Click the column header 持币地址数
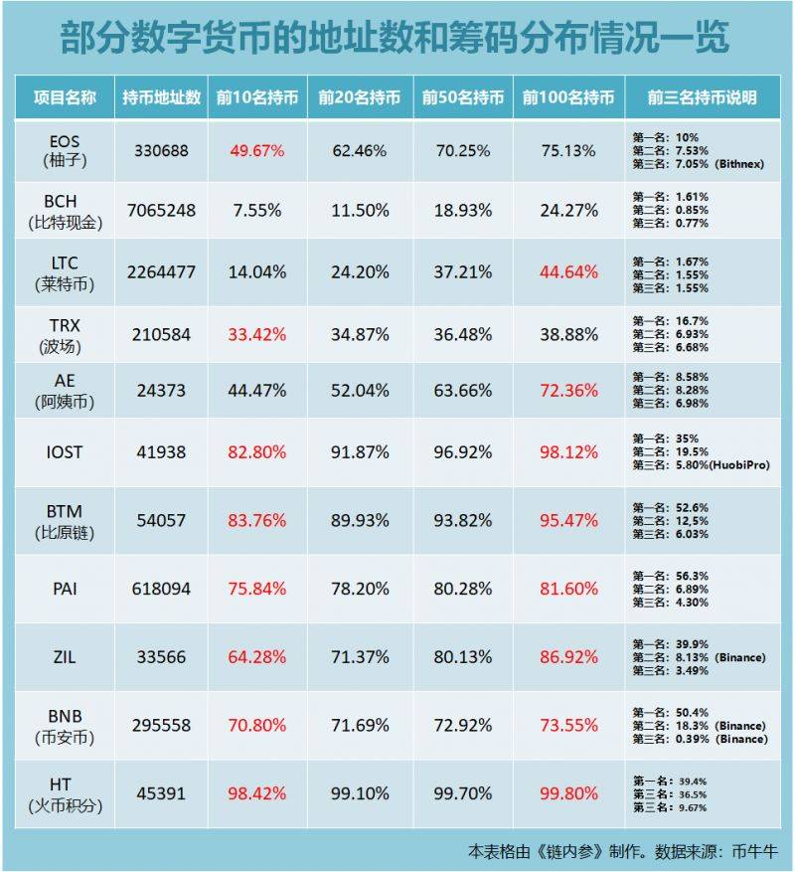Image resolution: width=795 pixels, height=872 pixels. pos(161,98)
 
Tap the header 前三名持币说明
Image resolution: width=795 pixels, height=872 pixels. pos(702,98)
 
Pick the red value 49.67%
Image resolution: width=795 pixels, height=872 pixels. pos(256,151)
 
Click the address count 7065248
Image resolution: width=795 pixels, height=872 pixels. pos(161,211)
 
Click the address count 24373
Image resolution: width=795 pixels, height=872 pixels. pos(161,392)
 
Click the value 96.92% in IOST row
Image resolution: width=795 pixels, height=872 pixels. pos(463,452)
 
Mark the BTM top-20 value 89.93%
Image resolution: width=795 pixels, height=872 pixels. pos(359,520)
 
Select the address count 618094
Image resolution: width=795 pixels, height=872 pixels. pos(161,589)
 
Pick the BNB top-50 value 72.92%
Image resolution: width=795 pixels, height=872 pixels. pos(463,726)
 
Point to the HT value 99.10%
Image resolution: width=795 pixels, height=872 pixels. pos(359,793)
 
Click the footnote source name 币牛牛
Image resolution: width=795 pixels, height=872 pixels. pos(752,852)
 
